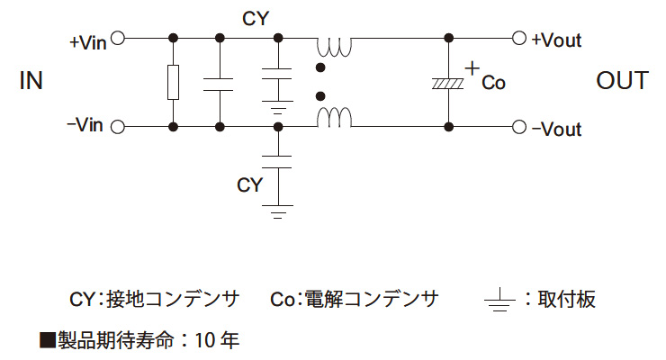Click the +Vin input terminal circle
(117, 39)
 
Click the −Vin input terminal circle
(117, 128)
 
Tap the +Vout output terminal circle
(518, 39)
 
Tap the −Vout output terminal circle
(518, 128)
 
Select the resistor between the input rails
(173, 83)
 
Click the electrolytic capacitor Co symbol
(448, 83)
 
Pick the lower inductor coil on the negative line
(333, 117)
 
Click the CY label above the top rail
(256, 17)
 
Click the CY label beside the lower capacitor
(249, 184)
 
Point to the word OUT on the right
(622, 81)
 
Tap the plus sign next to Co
(472, 67)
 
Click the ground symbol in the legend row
(499, 300)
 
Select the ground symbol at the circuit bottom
(280, 214)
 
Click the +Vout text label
(556, 40)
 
